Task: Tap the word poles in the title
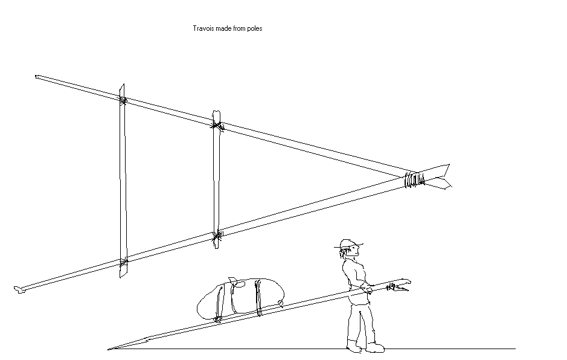click(254, 28)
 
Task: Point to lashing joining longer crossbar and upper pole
click(123, 100)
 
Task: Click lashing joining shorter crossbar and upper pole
click(216, 125)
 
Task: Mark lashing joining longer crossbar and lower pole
click(123, 263)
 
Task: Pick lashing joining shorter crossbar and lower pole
click(216, 236)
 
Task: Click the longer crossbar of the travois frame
click(123, 181)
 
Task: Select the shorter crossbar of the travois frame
click(216, 181)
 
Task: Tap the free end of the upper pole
click(38, 77)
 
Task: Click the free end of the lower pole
click(19, 291)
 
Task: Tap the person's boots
click(365, 347)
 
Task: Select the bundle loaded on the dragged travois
click(240, 297)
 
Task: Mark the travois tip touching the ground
click(111, 348)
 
